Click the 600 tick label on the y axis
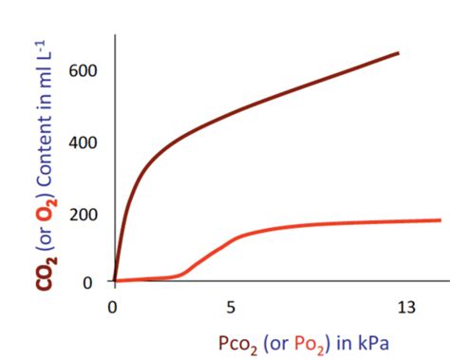coord(80,71)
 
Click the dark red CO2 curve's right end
coord(398,53)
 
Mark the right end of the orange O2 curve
coord(440,220)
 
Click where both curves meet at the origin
coord(114,281)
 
